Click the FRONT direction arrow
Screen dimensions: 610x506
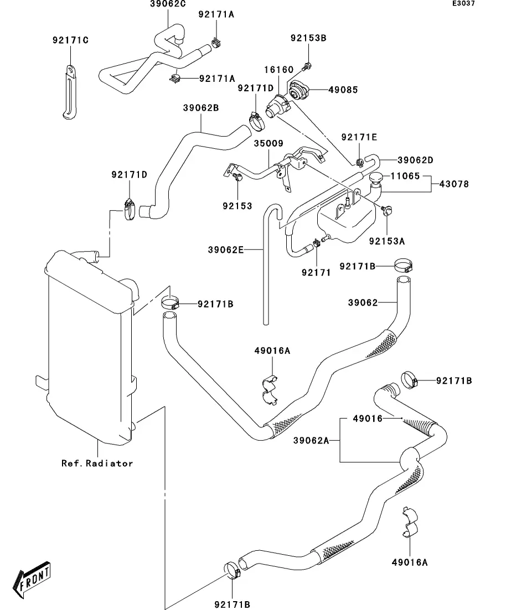tap(34, 578)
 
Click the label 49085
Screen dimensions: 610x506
tap(343, 89)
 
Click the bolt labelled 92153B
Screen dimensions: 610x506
tap(306, 67)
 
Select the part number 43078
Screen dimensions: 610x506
tap(453, 184)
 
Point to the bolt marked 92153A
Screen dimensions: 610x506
tap(388, 210)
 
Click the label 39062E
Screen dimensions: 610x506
tap(226, 250)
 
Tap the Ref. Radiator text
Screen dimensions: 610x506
tap(97, 463)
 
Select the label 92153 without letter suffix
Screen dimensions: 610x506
tap(237, 206)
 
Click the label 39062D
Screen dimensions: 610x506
tap(415, 160)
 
